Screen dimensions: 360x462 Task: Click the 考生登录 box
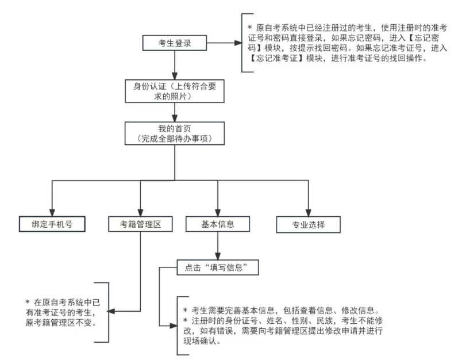pyautogui.click(x=175, y=43)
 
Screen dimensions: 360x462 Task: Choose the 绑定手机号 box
pyautogui.click(x=51, y=224)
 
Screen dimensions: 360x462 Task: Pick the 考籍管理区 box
pyautogui.click(x=140, y=224)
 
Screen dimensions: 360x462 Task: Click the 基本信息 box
pyautogui.click(x=217, y=224)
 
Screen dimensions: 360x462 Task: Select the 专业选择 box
pyautogui.click(x=308, y=224)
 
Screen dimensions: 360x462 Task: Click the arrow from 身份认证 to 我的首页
pyautogui.click(x=175, y=113)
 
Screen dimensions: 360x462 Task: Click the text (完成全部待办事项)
pyautogui.click(x=175, y=139)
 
